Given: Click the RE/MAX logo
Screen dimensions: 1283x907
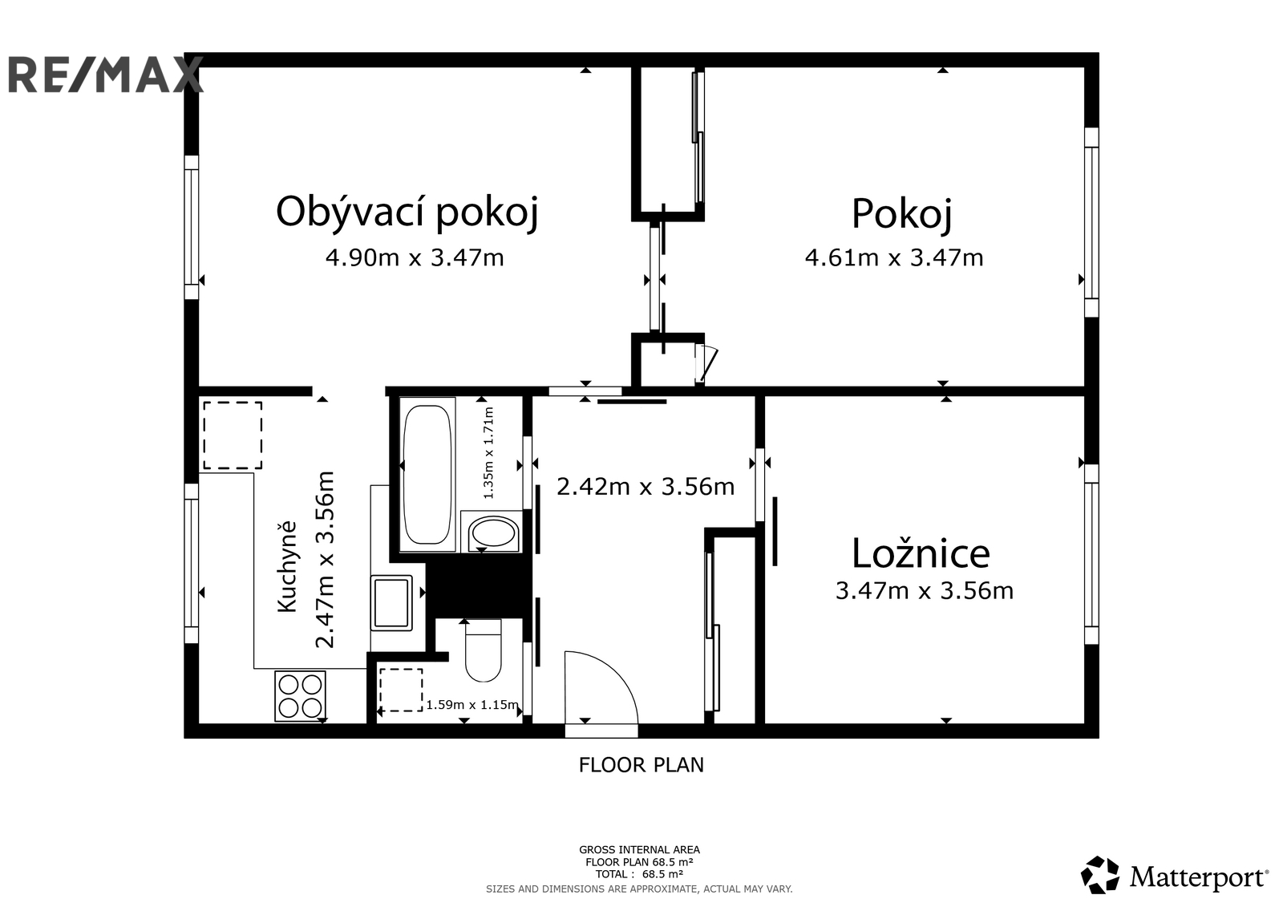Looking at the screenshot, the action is click(x=106, y=75).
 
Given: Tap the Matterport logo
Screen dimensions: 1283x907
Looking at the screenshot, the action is click(x=1175, y=876).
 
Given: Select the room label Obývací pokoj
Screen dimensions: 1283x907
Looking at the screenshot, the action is click(x=407, y=213).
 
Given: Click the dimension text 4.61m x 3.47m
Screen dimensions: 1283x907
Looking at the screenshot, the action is click(x=894, y=258).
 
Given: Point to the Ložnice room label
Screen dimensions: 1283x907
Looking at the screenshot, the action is click(x=921, y=553).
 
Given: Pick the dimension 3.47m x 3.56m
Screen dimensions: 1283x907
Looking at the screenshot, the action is click(x=925, y=591).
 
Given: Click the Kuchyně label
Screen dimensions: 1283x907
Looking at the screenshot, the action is click(x=288, y=566).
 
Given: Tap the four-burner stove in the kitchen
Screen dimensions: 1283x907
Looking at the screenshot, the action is click(x=300, y=695).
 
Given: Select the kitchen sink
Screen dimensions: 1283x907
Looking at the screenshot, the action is click(x=392, y=603).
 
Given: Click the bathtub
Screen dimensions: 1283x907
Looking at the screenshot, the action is click(x=427, y=475).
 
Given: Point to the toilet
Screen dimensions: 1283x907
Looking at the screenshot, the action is click(x=484, y=650).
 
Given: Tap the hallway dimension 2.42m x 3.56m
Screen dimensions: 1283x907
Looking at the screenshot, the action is click(x=646, y=487).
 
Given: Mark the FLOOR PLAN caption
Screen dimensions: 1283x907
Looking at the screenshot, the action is click(x=641, y=765).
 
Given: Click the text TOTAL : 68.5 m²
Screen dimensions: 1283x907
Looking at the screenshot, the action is click(x=639, y=874).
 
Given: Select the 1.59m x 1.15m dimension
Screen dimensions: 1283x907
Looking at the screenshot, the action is click(x=472, y=705).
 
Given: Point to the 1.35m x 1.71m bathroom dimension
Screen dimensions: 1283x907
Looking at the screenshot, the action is click(x=488, y=452).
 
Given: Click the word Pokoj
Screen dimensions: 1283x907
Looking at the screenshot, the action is click(x=901, y=214).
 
